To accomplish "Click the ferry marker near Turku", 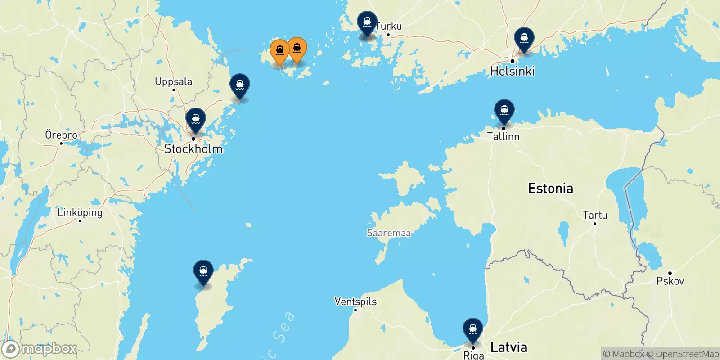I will click(x=367, y=22).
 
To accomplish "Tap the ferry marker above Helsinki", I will click(x=524, y=39).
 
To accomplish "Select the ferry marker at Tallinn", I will click(x=504, y=111).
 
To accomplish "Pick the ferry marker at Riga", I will click(x=472, y=329).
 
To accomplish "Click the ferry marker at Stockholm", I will click(x=196, y=120).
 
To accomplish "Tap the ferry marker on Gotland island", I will click(x=203, y=271).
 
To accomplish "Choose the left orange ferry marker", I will click(x=279, y=51).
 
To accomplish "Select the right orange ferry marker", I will click(x=297, y=49).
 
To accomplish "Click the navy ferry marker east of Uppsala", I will click(x=240, y=85).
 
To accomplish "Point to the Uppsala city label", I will click(x=173, y=81).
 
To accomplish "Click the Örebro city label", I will click(x=61, y=135).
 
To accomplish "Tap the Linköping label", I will click(x=80, y=212).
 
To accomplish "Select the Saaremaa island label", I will click(x=389, y=233).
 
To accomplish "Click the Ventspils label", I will click(x=355, y=301).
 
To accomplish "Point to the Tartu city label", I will click(x=595, y=215).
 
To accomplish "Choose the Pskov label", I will click(x=670, y=281).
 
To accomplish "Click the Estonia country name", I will click(x=550, y=188).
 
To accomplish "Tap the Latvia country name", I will click(x=508, y=347).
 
